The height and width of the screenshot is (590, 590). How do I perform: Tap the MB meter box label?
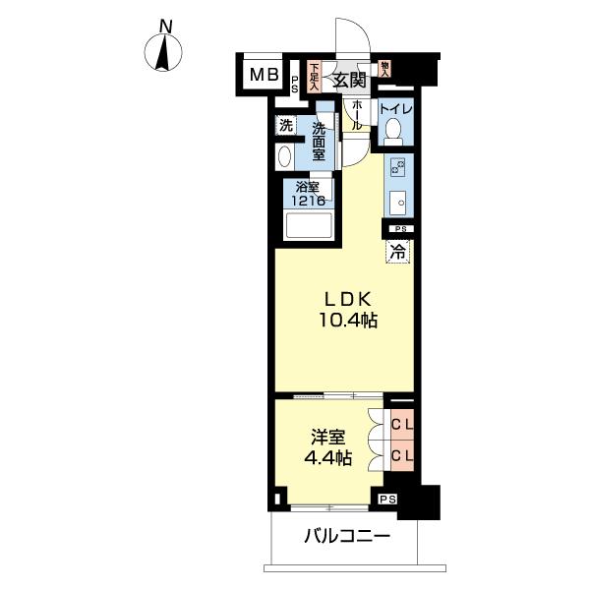click(x=265, y=75)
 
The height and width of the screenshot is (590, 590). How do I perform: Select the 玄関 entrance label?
click(x=349, y=81)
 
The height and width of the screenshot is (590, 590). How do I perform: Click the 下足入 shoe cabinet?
click(x=313, y=78)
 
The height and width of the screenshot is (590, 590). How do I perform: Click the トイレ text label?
click(x=396, y=109)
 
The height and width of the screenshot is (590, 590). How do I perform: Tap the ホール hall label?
click(x=356, y=116)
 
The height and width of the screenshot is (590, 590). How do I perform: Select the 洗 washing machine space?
click(x=286, y=125)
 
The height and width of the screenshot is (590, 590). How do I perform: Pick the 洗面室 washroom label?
click(x=319, y=142)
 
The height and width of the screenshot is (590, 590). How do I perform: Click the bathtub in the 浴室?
click(x=309, y=225)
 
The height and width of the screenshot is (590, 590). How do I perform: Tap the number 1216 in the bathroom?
click(x=309, y=201)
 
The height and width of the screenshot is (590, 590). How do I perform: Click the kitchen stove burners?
click(x=398, y=166)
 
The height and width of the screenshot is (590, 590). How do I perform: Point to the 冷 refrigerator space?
click(x=397, y=252)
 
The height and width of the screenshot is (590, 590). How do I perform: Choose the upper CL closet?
click(x=402, y=425)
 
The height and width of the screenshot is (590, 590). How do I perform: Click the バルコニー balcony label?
click(x=347, y=536)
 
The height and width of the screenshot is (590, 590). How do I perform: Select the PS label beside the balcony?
click(x=387, y=500)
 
